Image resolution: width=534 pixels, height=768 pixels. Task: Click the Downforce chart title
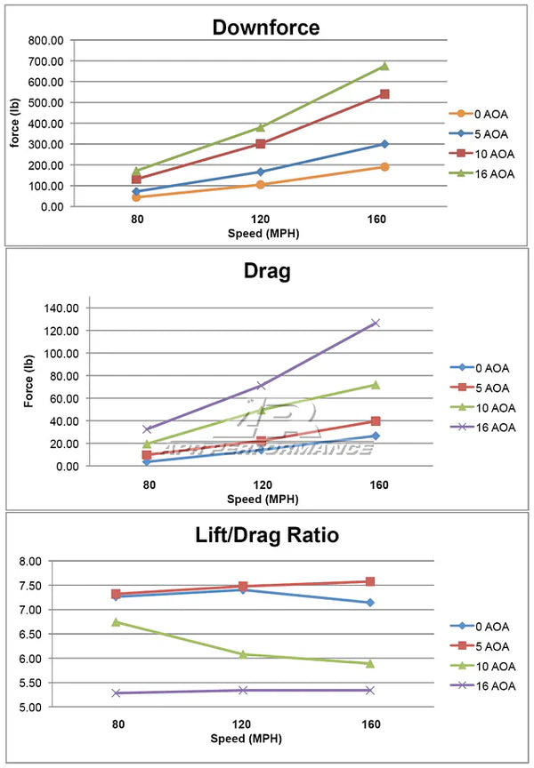tap(265, 27)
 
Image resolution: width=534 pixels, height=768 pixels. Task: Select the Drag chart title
tap(266, 272)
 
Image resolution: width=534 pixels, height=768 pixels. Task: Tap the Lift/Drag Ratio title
tap(266, 535)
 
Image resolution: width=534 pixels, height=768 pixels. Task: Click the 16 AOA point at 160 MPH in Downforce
tap(384, 66)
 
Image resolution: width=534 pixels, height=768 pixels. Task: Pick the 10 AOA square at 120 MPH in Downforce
tap(261, 143)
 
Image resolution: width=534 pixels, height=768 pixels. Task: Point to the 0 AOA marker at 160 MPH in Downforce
tap(384, 166)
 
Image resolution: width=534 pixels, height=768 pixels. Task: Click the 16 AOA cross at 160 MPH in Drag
tap(376, 323)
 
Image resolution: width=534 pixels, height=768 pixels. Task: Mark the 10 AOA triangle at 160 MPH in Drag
tap(376, 385)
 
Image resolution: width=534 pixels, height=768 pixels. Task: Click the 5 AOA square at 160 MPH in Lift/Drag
tap(369, 581)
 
